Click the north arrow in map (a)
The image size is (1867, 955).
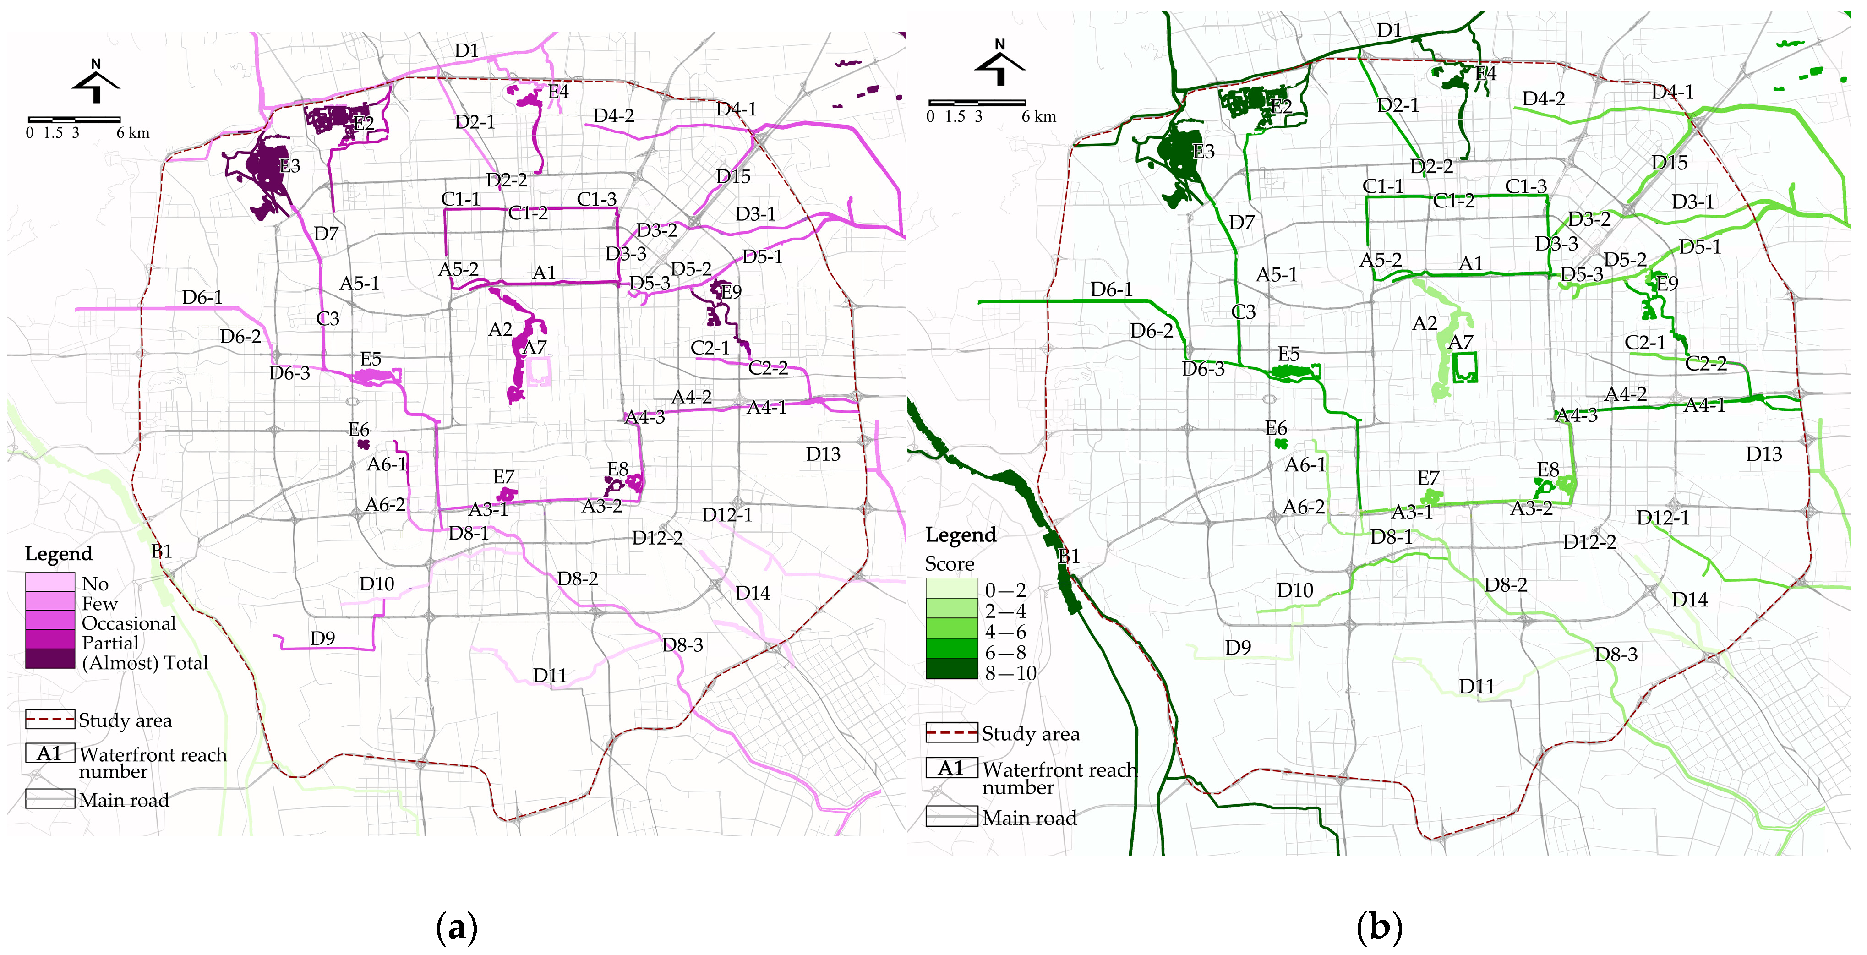coord(96,82)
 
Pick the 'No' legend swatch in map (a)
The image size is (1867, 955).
coord(50,582)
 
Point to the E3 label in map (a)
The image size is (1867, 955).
coord(289,166)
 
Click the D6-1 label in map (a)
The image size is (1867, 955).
coord(202,297)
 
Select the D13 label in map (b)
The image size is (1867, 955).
coord(1763,454)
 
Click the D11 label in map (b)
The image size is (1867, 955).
coord(1476,686)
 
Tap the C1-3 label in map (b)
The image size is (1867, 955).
coord(1526,186)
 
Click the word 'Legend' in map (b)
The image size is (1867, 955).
coord(961,535)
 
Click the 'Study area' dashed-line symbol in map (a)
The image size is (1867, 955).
coord(50,719)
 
